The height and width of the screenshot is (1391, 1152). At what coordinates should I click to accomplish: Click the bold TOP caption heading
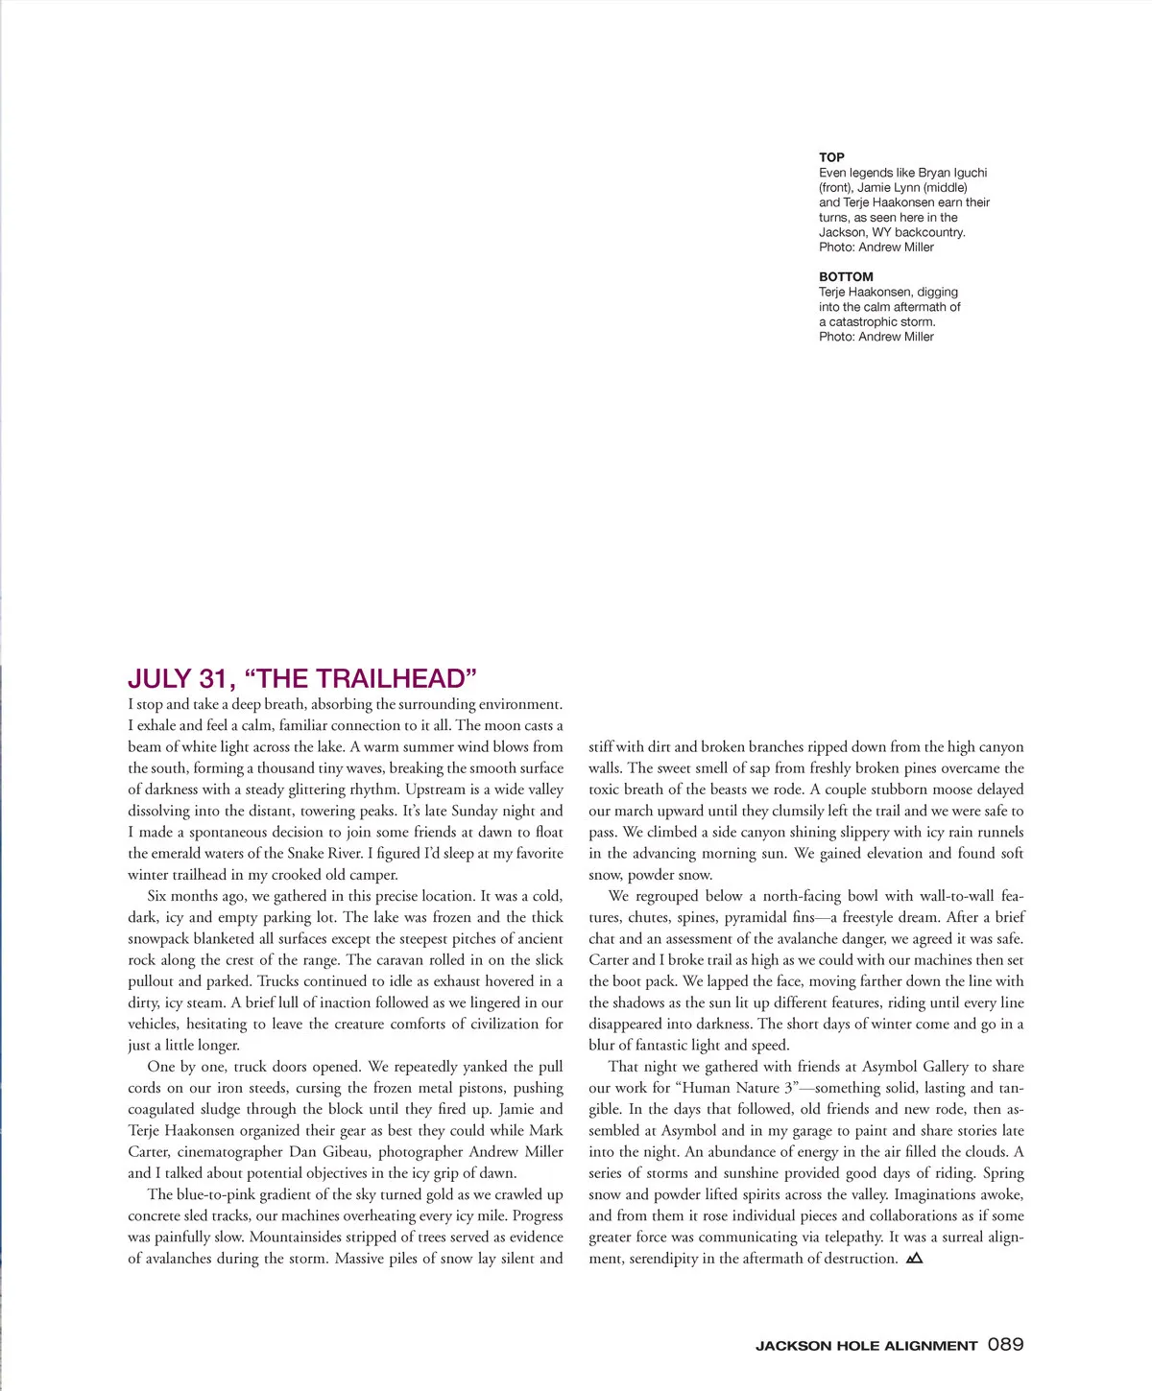click(x=831, y=157)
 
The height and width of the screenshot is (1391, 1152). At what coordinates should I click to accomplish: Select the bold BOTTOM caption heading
click(x=846, y=276)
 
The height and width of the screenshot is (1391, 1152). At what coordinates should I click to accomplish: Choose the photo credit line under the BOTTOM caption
click(x=876, y=337)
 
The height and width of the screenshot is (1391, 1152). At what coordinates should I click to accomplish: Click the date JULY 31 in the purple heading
click(x=181, y=679)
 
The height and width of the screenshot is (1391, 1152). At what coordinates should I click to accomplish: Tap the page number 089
click(x=1006, y=1345)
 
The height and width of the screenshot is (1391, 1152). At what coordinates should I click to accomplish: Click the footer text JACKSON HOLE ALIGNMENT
click(x=866, y=1346)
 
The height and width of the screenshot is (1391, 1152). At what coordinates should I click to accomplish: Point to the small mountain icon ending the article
click(x=914, y=1258)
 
